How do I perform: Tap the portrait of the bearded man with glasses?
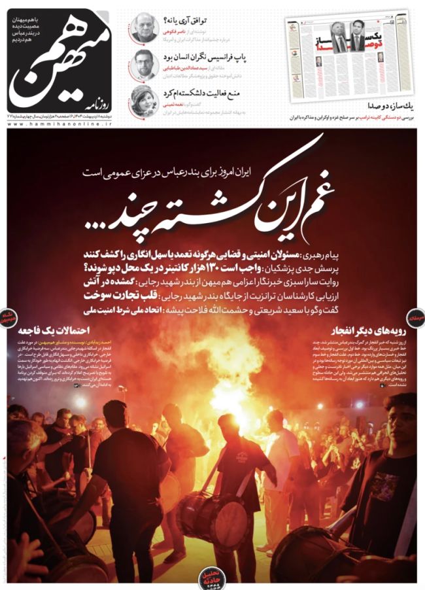click(x=144, y=64)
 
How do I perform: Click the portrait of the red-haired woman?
click(x=144, y=100)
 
